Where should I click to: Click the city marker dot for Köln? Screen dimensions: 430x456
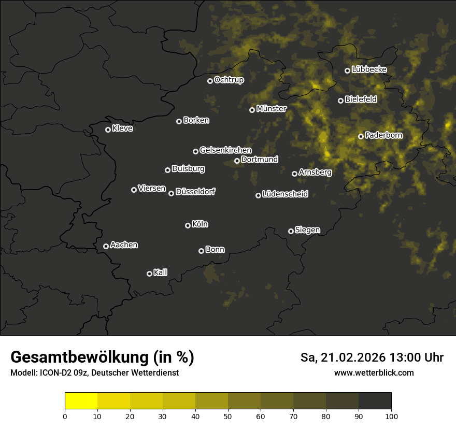pyautogui.click(x=188, y=225)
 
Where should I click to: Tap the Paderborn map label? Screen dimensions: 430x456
pyautogui.click(x=383, y=136)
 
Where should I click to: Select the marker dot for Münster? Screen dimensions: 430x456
pyautogui.click(x=252, y=110)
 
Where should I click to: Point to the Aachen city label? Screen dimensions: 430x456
pyautogui.click(x=124, y=245)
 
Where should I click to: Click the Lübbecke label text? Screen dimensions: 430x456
pyautogui.click(x=369, y=69)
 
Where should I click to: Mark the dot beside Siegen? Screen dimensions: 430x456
pyautogui.click(x=291, y=231)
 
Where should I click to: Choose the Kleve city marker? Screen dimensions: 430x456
pyautogui.click(x=108, y=130)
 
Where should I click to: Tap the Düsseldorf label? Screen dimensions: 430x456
pyautogui.click(x=195, y=192)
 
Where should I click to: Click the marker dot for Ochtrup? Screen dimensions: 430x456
pyautogui.click(x=210, y=81)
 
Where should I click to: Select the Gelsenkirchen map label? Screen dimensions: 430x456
pyautogui.click(x=225, y=150)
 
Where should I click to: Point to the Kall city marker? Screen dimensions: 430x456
pyautogui.click(x=149, y=274)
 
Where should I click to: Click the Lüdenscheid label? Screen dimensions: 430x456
pyautogui.click(x=285, y=194)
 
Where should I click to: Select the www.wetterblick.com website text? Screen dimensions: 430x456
pyautogui.click(x=374, y=372)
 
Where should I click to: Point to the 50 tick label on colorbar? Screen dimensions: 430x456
pyautogui.click(x=228, y=415)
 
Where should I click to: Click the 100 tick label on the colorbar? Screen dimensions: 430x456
pyautogui.click(x=391, y=415)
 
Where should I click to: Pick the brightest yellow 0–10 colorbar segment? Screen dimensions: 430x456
pyautogui.click(x=81, y=401)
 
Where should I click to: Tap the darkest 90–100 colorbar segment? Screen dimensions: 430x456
pyautogui.click(x=375, y=401)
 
